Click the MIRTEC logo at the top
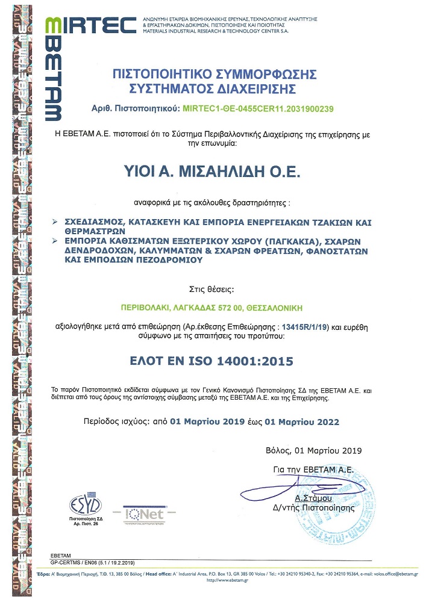tap(91, 25)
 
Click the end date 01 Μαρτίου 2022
tap(302, 422)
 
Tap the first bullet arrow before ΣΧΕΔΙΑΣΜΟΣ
tap(55, 222)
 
